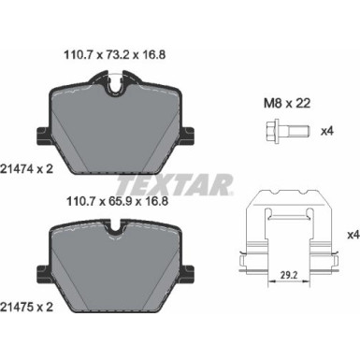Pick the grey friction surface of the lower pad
pyautogui.click(x=113, y=271)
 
